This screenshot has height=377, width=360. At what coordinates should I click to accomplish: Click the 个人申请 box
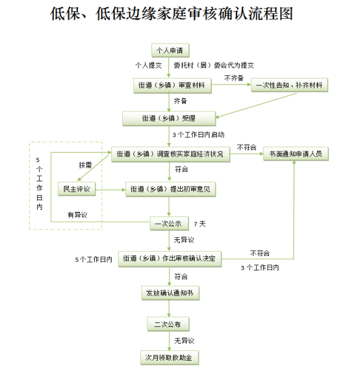(170, 50)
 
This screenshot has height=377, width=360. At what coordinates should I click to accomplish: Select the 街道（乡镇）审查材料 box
(173, 85)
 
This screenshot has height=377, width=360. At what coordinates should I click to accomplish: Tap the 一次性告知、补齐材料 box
(289, 85)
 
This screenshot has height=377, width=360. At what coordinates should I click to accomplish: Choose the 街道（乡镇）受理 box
(169, 118)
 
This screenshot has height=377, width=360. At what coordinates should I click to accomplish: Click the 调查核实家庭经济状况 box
(170, 154)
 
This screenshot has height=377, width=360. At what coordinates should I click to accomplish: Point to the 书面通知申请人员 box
(296, 153)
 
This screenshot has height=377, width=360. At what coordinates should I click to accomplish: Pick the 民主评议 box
(77, 188)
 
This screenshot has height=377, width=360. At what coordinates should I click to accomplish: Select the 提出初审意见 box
(170, 189)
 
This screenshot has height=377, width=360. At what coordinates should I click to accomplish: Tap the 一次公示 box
(169, 224)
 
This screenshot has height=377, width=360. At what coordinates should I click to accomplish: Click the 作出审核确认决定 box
(170, 259)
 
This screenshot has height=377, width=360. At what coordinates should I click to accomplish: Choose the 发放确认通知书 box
(170, 293)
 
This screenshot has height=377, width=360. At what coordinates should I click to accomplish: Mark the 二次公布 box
(168, 324)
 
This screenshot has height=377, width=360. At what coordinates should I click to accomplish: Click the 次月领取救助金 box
(170, 357)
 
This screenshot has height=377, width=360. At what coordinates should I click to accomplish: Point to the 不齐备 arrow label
(234, 78)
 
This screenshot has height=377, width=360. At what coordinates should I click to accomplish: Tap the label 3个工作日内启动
(198, 135)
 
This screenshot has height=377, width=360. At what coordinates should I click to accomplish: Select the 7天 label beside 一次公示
(199, 224)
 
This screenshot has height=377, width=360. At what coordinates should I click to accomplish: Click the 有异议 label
(77, 214)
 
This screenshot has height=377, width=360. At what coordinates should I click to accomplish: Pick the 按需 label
(85, 165)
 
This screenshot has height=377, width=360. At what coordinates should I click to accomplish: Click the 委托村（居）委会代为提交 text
(214, 65)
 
